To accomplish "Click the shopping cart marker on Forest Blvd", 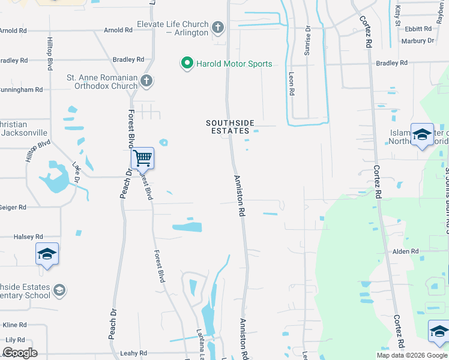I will pyautogui.click(x=142, y=158).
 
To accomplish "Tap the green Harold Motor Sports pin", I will pyautogui.click(x=187, y=62).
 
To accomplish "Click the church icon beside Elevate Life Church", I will pyautogui.click(x=218, y=27).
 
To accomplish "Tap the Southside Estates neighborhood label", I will pyautogui.click(x=228, y=127).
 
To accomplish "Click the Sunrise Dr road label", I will pyautogui.click(x=307, y=44).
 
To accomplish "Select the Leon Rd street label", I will pyautogui.click(x=291, y=84).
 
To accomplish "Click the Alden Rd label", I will pyautogui.click(x=406, y=251).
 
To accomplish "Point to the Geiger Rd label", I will pyautogui.click(x=13, y=207).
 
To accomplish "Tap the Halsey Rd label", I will pyautogui.click(x=24, y=237).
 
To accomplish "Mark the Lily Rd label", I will pyautogui.click(x=14, y=340).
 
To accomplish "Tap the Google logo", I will pyautogui.click(x=20, y=353).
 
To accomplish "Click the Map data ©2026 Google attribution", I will pyautogui.click(x=411, y=355).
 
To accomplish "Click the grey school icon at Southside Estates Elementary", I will pyautogui.click(x=59, y=290).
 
